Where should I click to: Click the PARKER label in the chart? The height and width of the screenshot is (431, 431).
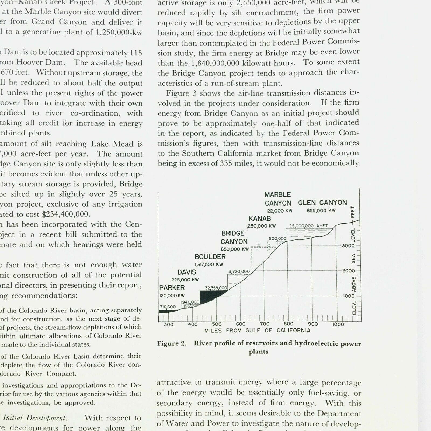172,288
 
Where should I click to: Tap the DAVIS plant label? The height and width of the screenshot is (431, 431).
187,272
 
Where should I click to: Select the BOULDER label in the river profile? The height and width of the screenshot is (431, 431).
210,257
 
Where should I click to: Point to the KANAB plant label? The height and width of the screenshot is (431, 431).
260,218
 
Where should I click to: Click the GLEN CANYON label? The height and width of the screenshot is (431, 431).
322,203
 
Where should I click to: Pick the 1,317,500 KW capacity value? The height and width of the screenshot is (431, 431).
209,265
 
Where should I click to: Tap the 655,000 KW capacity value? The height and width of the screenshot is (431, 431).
321,211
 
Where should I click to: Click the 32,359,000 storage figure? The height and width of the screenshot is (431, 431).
216,288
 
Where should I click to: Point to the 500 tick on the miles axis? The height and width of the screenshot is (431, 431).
217,324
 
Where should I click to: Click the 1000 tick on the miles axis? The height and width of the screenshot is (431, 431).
338,324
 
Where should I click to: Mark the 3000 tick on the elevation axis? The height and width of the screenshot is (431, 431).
348,246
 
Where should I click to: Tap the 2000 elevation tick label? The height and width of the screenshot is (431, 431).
348,271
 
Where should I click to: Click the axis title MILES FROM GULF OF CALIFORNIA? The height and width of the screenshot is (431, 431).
257,331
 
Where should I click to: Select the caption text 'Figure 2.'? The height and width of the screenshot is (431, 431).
172,343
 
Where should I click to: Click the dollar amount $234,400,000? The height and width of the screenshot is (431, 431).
65,214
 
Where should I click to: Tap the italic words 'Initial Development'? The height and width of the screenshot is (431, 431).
34,418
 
